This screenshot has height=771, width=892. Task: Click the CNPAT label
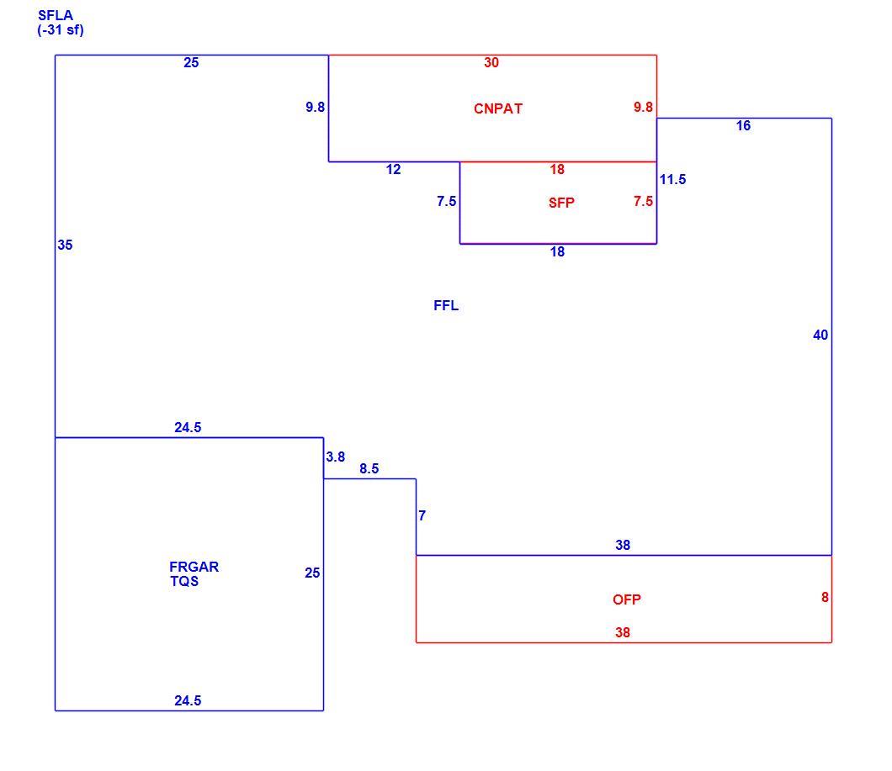(498, 108)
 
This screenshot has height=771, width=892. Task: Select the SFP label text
(561, 203)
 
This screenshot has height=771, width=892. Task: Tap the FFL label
(446, 306)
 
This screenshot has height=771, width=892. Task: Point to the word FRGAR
(194, 567)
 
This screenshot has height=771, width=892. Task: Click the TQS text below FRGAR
(184, 581)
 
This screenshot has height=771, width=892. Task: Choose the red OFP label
(627, 599)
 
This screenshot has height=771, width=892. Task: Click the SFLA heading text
(56, 16)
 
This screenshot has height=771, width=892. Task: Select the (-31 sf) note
(61, 30)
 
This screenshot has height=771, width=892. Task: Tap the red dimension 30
(491, 62)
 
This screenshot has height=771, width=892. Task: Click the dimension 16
(744, 125)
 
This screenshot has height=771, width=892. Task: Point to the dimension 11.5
(672, 180)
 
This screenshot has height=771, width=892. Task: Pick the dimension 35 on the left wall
(65, 245)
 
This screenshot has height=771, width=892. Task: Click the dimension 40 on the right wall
(820, 335)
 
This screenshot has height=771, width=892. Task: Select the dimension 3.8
(336, 457)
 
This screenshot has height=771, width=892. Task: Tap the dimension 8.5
(369, 468)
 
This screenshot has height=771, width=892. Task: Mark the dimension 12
(393, 170)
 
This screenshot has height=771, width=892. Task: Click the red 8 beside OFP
(825, 598)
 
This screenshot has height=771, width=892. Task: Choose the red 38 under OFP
(623, 633)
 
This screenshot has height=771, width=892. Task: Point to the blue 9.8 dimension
(316, 107)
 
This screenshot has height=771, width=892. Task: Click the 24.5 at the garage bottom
(188, 701)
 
